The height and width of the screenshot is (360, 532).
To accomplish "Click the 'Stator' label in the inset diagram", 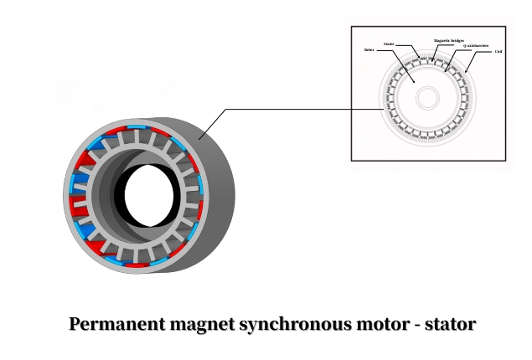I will tap(389, 43).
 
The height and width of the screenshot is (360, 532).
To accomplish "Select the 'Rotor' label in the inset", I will tap(369, 50).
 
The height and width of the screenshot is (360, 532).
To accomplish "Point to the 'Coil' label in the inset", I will tap(498, 52).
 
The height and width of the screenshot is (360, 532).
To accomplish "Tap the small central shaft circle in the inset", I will tap(427, 97).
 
